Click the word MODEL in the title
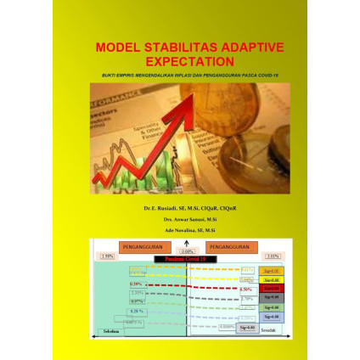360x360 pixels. pos(117,48)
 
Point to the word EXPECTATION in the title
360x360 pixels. pos(189,62)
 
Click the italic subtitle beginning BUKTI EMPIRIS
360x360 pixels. pos(189,75)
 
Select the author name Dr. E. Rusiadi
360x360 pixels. pos(189,207)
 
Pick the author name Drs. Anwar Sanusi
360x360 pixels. pos(189,218)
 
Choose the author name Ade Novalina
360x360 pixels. pos(189,229)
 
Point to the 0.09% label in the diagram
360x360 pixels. pos(188,251)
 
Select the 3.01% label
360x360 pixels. pos(273,255)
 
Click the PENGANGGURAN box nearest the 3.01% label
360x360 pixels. pos(230,247)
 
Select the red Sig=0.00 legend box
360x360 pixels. pos(273,289)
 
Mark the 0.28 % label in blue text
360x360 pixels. pos(138,311)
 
